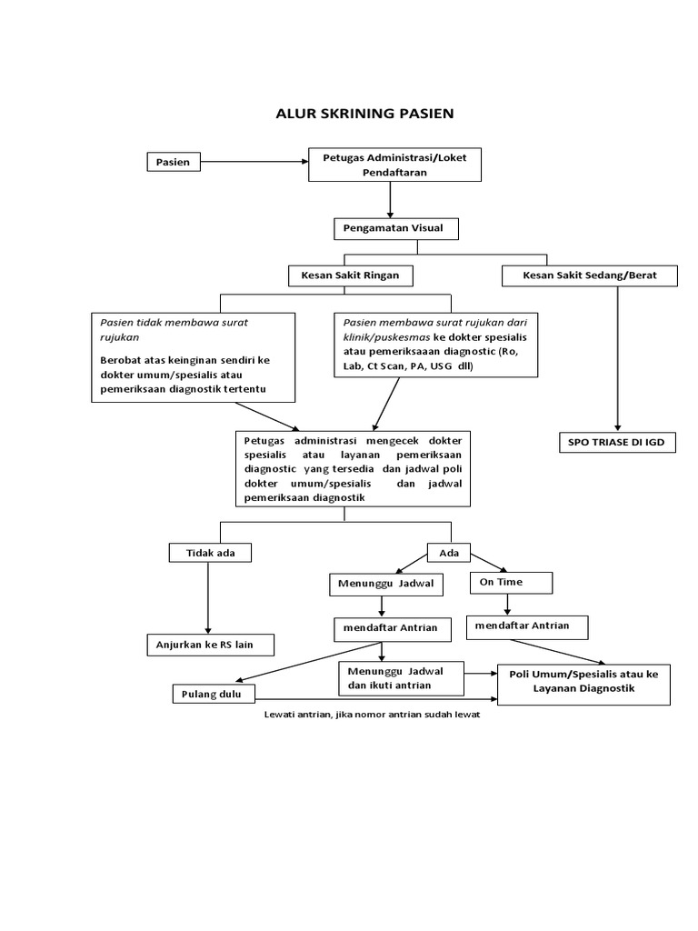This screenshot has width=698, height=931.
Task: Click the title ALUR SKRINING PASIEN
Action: click(364, 114)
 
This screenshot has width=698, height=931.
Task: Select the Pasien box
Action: click(173, 162)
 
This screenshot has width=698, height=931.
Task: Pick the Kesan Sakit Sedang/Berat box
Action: click(589, 275)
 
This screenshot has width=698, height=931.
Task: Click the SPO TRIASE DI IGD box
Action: click(616, 443)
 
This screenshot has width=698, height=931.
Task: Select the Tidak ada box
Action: click(209, 553)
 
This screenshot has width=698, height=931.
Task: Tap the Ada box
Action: click(449, 553)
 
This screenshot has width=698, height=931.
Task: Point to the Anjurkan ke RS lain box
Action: click(210, 646)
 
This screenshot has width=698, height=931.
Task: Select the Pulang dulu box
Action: click(214, 695)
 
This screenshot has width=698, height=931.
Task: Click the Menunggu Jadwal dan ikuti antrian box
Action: click(401, 678)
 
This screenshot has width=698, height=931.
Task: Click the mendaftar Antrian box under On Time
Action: click(527, 626)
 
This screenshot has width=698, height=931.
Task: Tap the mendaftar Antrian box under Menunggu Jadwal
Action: click(384, 627)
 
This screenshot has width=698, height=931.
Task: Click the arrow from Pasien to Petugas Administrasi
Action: click(254, 162)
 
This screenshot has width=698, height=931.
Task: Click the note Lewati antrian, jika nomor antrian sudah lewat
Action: click(371, 715)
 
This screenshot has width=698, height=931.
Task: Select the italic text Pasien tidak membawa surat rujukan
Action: click(173, 329)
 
